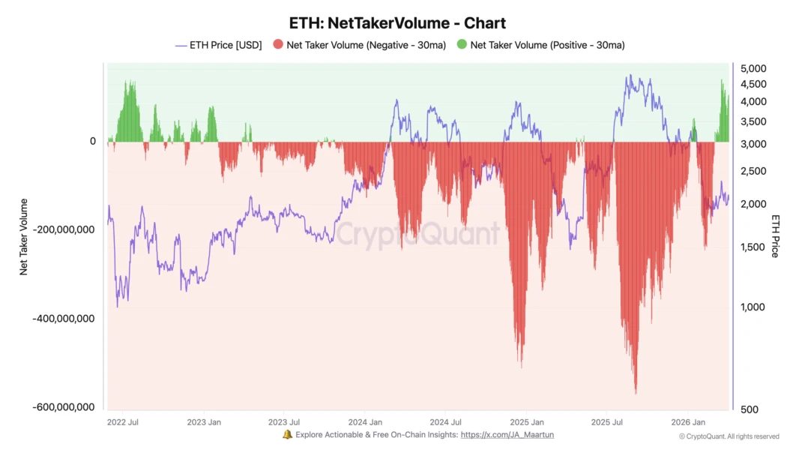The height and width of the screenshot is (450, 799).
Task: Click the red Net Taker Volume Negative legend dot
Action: tap(278, 45)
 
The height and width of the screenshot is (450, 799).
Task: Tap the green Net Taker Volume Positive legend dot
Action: tap(462, 45)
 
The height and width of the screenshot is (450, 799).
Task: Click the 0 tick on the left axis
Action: tap(93, 141)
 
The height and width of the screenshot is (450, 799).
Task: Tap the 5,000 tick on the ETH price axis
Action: tap(753, 68)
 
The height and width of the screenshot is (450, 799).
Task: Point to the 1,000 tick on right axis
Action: tap(753, 307)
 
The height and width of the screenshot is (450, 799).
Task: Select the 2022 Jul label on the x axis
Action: tap(122, 422)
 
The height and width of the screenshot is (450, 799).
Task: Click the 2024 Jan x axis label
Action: tap(366, 422)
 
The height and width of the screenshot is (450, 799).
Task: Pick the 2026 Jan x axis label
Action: tap(688, 422)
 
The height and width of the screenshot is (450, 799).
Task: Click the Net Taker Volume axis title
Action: tap(24, 236)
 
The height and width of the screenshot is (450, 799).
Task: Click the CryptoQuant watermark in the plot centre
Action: tap(417, 234)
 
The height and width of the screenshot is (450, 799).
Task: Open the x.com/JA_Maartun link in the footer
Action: tap(507, 435)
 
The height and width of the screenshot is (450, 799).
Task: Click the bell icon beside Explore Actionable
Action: tap(287, 435)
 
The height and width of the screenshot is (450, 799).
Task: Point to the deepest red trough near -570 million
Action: tap(636, 391)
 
